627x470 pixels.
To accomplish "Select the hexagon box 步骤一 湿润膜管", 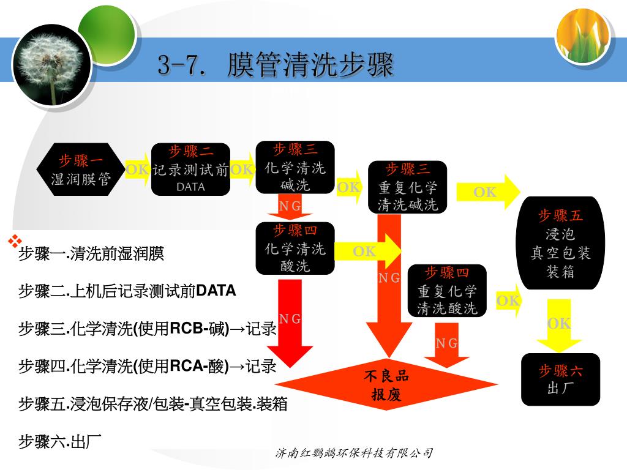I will tap(81, 170).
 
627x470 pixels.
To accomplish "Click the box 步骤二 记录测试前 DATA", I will tap(190, 169).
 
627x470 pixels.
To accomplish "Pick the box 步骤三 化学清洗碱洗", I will tap(295, 166).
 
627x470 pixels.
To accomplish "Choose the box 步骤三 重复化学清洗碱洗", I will tap(407, 187).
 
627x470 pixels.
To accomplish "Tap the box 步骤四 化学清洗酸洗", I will tap(295, 248).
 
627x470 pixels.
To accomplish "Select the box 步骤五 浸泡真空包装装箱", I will tap(560, 243).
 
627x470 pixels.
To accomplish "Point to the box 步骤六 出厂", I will tap(560, 379).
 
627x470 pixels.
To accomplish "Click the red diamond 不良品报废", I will tap(386, 385).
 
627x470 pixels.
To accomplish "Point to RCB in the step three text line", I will tap(186, 328).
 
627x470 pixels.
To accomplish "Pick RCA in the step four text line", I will tap(186, 366).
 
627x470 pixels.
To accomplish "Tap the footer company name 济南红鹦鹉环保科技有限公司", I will tap(355, 453).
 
